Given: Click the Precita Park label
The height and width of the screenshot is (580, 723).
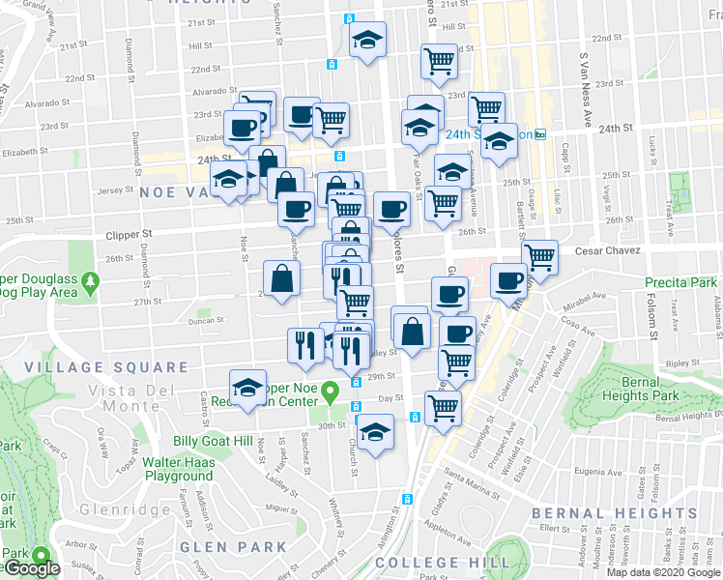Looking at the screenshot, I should [x=682, y=282].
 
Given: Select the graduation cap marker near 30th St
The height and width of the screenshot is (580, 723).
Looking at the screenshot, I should [x=375, y=432].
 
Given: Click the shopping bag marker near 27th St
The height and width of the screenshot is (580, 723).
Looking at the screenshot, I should [x=280, y=279].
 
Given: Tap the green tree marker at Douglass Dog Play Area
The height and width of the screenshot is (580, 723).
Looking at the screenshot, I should [x=91, y=283].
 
